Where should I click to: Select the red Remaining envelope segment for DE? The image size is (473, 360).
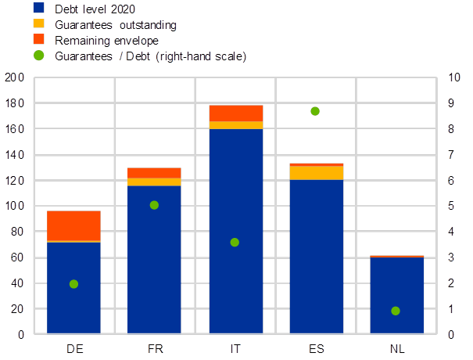tap(73, 225)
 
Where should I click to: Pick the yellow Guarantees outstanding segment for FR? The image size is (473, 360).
tap(154, 182)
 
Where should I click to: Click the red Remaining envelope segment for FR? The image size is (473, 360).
tap(154, 172)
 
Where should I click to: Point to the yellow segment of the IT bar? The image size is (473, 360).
tap(235, 125)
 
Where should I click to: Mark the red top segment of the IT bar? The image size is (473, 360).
tap(235, 113)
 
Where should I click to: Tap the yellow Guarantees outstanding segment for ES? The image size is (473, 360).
tap(317, 173)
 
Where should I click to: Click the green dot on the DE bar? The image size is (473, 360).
tap(73, 284)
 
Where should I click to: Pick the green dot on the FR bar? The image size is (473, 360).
tap(154, 205)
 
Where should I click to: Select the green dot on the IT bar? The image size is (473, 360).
tap(235, 243)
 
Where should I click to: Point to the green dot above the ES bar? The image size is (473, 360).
tap(315, 111)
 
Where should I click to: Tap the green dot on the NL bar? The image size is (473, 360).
tap(396, 311)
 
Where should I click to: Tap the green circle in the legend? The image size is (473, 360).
tap(38, 56)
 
